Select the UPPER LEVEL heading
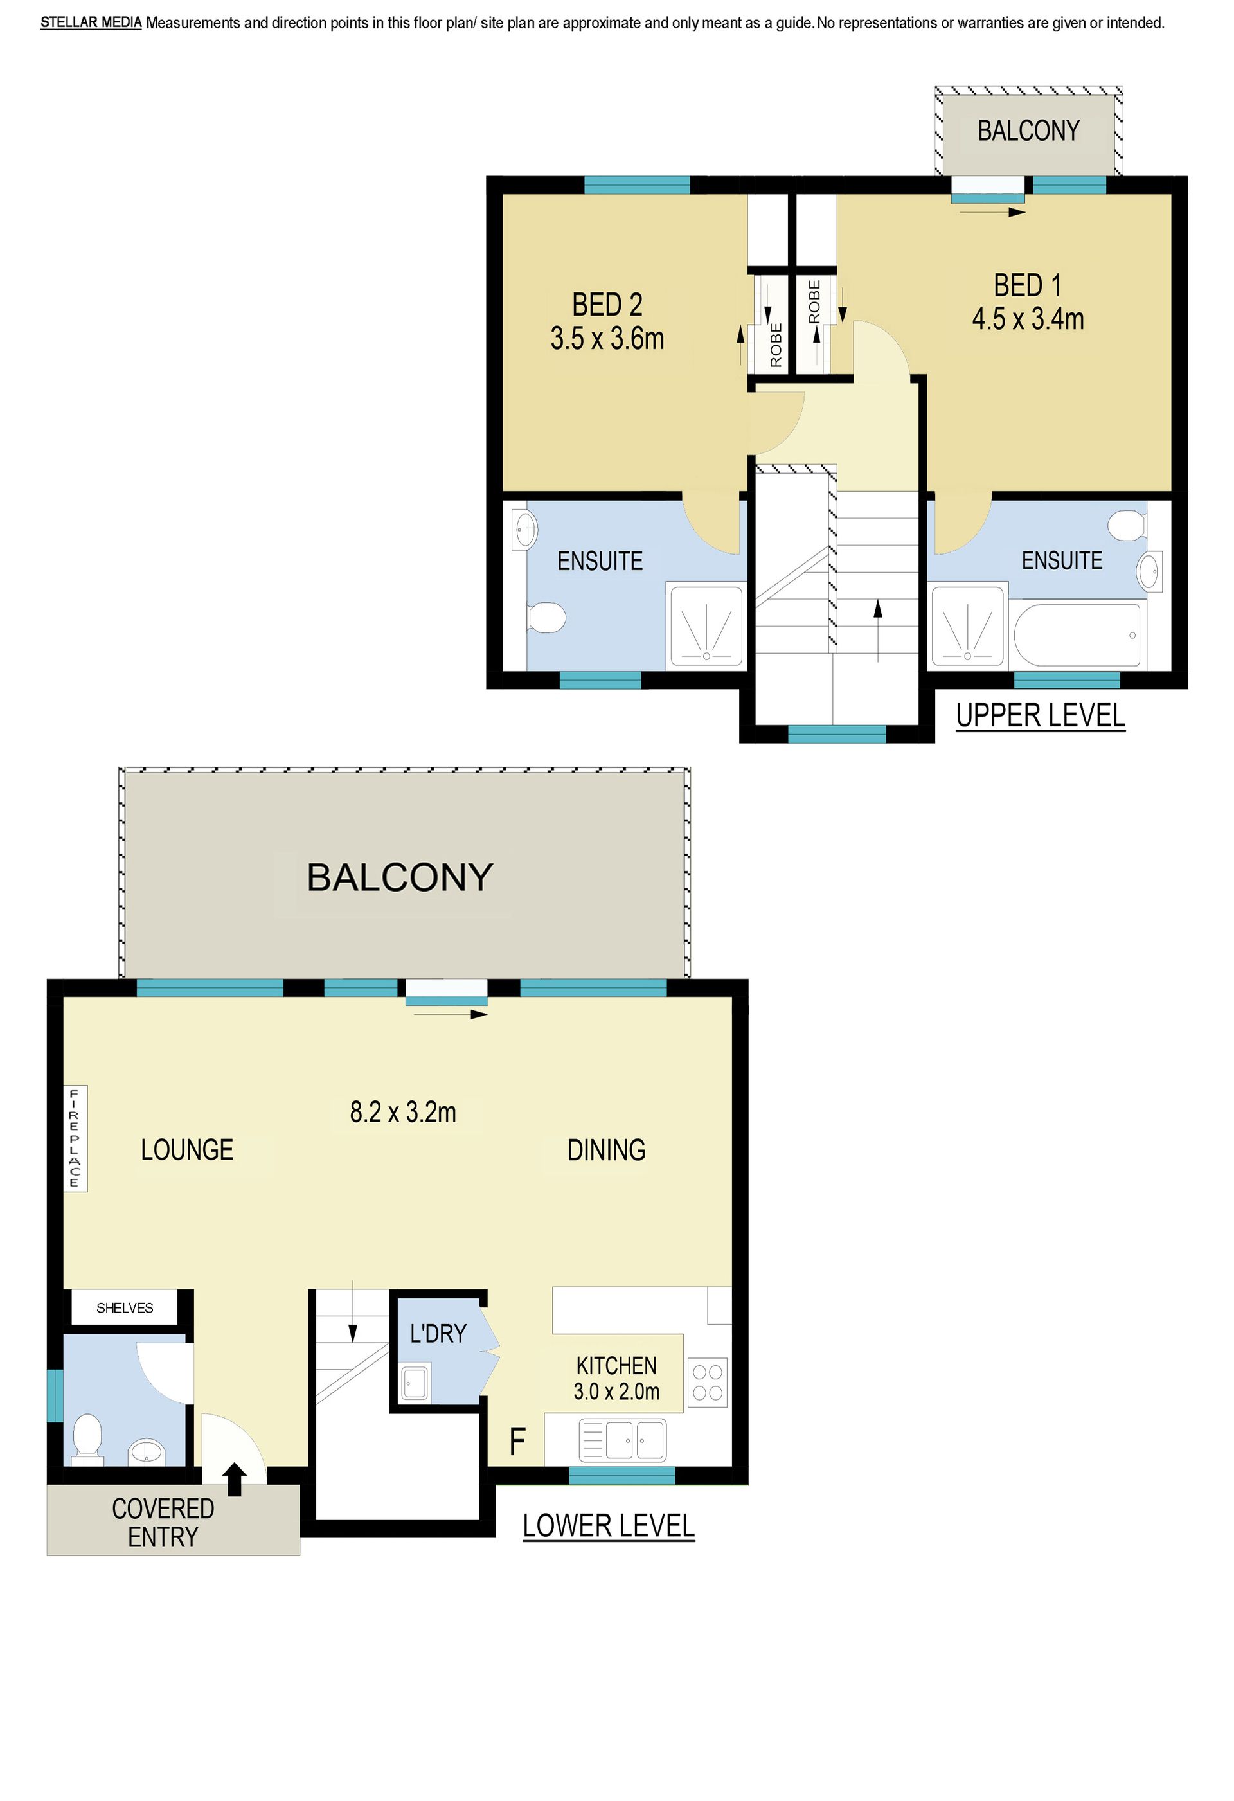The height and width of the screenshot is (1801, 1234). coord(1040,715)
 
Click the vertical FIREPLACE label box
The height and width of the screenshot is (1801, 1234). coord(75,1138)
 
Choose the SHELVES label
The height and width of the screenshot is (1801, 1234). coord(125,1308)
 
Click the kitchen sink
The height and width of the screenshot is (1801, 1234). coord(622,1440)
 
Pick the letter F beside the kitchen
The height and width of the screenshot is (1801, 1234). coord(517,1442)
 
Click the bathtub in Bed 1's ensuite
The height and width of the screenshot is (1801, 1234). coord(1077,634)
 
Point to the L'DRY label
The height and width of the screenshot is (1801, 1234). coord(438,1334)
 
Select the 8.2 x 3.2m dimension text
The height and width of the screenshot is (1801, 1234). coord(403,1112)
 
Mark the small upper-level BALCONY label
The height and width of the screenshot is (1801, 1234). coord(1028,131)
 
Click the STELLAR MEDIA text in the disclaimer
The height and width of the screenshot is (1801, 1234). coord(91,22)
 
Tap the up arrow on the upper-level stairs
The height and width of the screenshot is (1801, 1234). coord(877,631)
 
